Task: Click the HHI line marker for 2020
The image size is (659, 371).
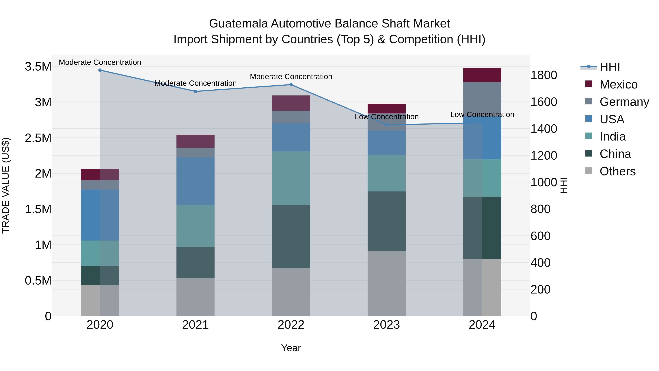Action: (100, 70)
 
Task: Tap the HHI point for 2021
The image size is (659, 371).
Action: (196, 91)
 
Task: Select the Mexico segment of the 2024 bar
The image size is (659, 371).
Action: (482, 75)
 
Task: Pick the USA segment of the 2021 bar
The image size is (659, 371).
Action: (196, 181)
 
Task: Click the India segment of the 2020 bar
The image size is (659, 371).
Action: (100, 253)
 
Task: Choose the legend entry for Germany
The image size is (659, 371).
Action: (624, 102)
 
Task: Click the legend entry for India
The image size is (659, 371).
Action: (613, 137)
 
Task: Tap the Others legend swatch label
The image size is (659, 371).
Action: (617, 171)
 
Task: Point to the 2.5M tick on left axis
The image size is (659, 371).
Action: (38, 138)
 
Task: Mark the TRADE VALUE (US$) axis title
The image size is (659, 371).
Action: (6, 185)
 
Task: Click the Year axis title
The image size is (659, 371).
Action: (291, 348)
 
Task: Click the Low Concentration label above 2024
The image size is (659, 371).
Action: (482, 115)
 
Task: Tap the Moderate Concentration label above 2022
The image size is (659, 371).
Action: (291, 77)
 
